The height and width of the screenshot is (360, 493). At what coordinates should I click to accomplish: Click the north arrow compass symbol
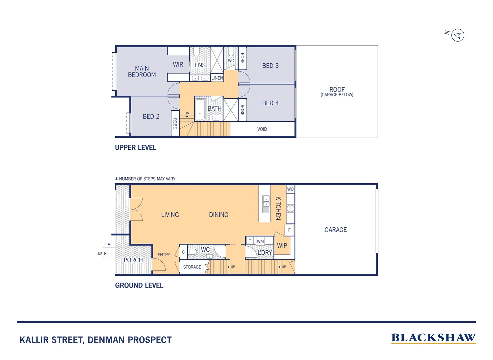pyautogui.click(x=458, y=35)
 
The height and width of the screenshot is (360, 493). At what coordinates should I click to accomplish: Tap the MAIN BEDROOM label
pyautogui.click(x=142, y=72)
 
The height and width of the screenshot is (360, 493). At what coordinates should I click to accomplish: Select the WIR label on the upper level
pyautogui.click(x=178, y=65)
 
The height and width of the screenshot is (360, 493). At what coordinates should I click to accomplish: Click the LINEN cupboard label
pyautogui.click(x=217, y=78)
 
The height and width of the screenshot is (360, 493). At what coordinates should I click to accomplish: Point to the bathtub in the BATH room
pyautogui.click(x=200, y=109)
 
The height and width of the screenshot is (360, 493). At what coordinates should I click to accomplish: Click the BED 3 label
pyautogui.click(x=270, y=66)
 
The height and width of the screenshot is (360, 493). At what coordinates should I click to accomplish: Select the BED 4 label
pyautogui.click(x=270, y=103)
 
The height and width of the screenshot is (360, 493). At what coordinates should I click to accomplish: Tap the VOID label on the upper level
pyautogui.click(x=262, y=129)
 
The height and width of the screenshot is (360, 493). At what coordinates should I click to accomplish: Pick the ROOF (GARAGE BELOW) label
pyautogui.click(x=337, y=92)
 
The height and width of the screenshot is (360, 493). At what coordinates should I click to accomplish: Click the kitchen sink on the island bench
pyautogui.click(x=266, y=201)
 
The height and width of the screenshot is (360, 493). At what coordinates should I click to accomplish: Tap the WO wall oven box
pyautogui.click(x=290, y=189)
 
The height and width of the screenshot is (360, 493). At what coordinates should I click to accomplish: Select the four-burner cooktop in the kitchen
pyautogui.click(x=290, y=209)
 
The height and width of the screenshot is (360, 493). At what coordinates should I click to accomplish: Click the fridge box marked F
pyautogui.click(x=289, y=230)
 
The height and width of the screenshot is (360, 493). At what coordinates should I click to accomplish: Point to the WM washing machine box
pyautogui.click(x=260, y=241)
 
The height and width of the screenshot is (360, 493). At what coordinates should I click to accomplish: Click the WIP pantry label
pyautogui.click(x=282, y=246)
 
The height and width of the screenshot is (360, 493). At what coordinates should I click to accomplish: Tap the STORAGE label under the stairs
pyautogui.click(x=192, y=267)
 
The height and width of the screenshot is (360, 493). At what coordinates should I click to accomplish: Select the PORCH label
pyautogui.click(x=133, y=260)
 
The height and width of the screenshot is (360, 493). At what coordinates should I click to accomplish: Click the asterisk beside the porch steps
pyautogui.click(x=109, y=245)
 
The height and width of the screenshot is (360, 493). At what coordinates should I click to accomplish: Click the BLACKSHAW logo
pyautogui.click(x=433, y=338)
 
